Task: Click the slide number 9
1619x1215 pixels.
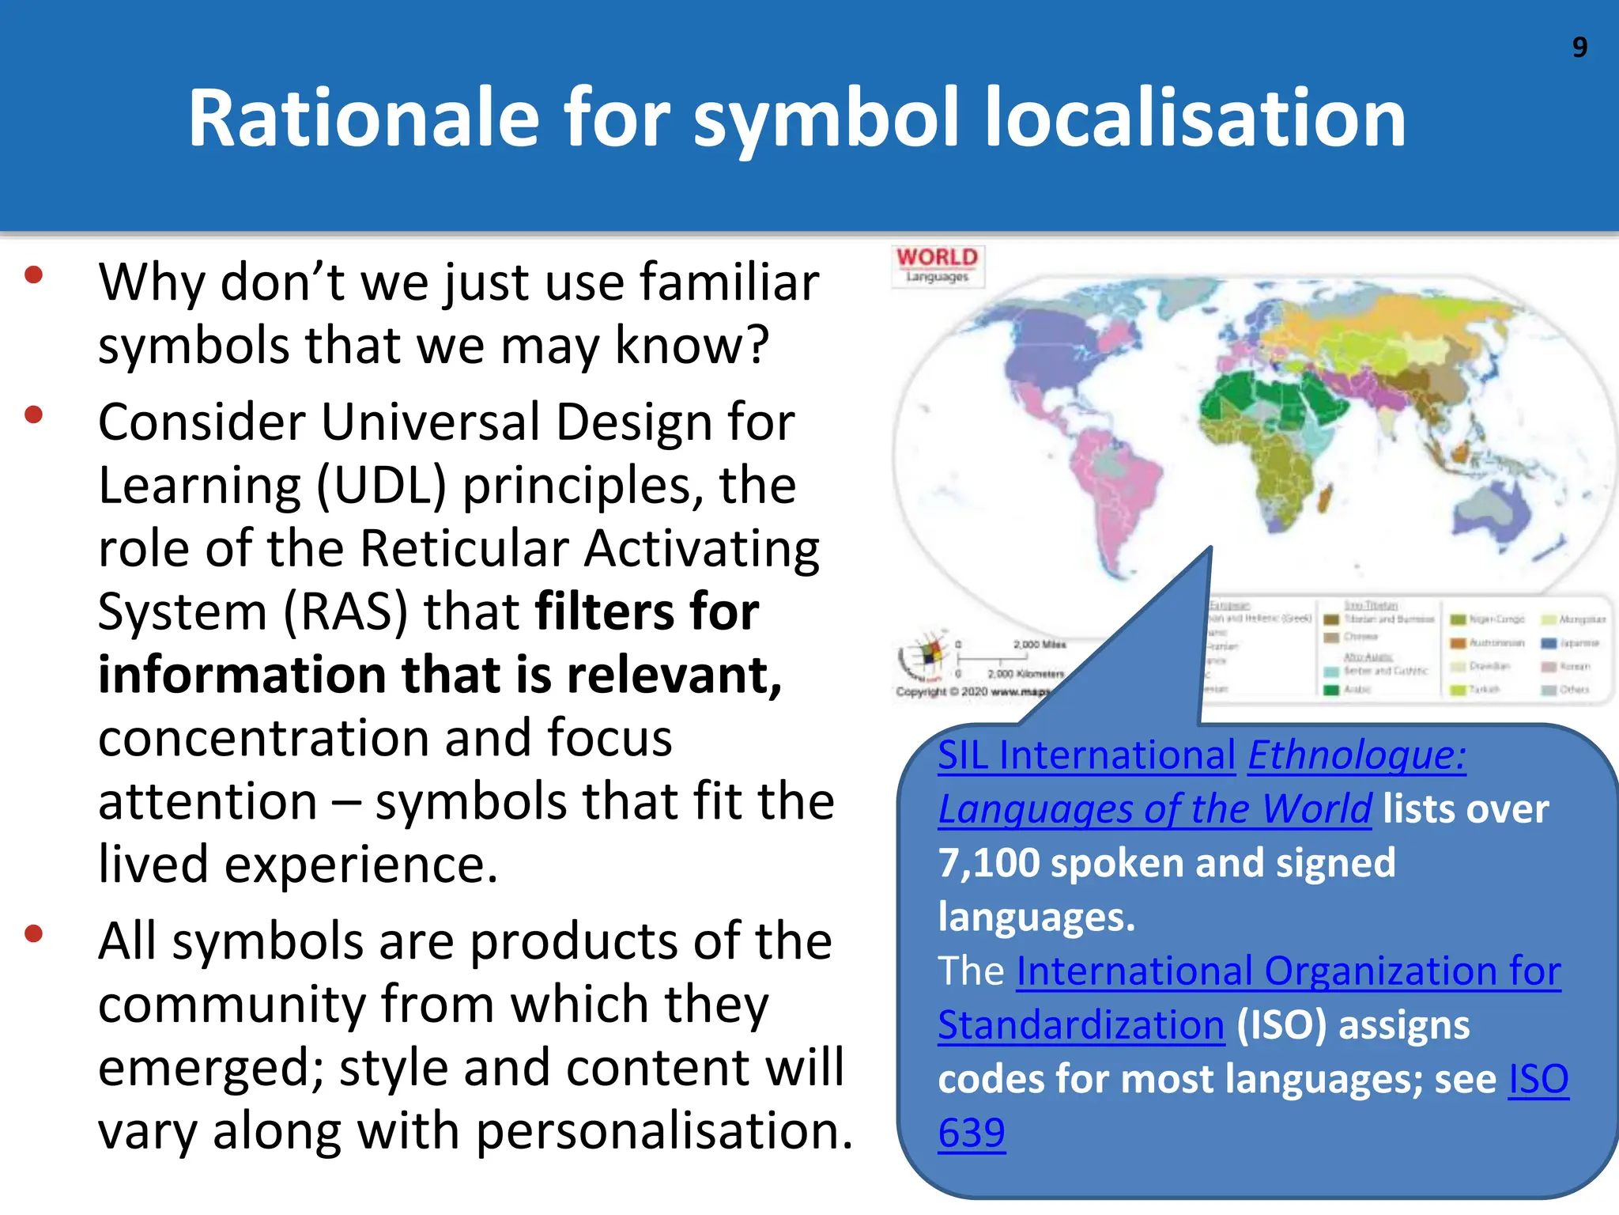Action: (1579, 47)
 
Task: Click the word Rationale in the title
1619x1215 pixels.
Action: (363, 119)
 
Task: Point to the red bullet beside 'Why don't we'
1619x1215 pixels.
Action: (33, 275)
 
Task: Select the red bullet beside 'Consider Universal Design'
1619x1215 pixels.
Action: (33, 414)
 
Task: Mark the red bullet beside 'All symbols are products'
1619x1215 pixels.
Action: (33, 934)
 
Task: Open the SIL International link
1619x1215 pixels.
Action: (1086, 755)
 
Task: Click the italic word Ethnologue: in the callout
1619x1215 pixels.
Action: (1357, 755)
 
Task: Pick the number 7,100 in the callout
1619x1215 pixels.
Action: (988, 863)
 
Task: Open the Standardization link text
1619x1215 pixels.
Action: (1081, 1026)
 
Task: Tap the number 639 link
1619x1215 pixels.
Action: (972, 1134)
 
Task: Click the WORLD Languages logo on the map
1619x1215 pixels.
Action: (937, 264)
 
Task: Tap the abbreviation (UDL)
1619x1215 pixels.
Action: (382, 486)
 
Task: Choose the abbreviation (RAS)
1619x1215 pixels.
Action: (345, 612)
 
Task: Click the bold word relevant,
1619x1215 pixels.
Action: (674, 676)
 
